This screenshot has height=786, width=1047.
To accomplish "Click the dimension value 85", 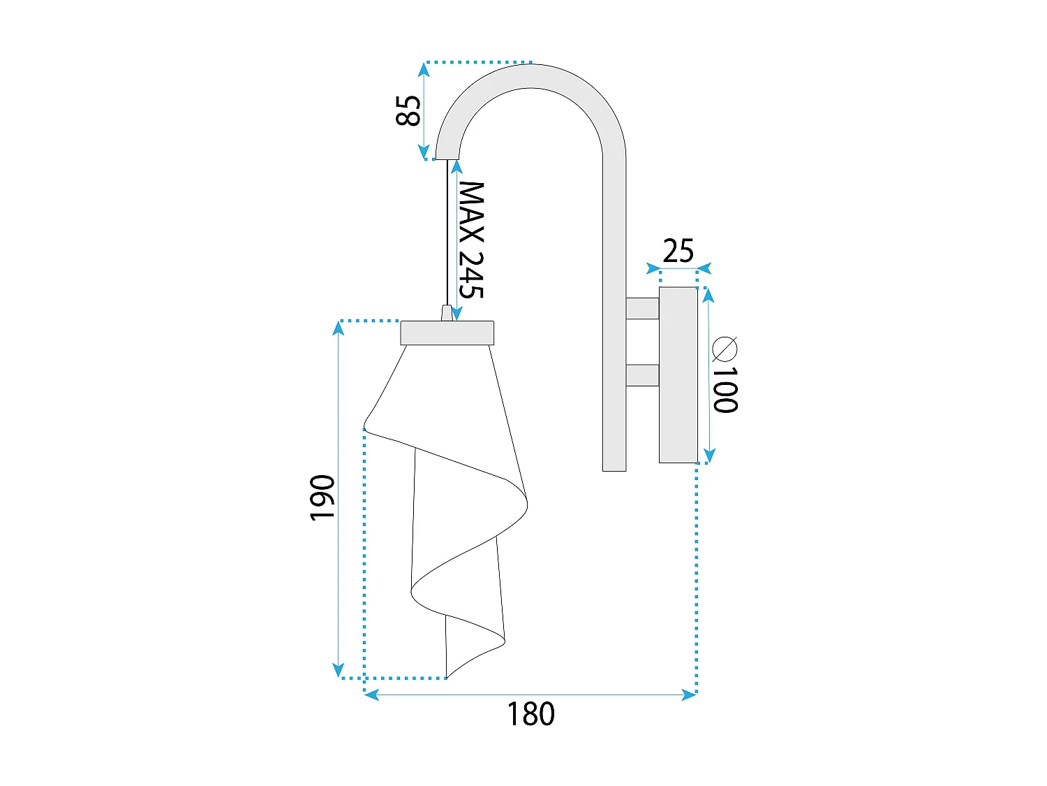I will [408, 110].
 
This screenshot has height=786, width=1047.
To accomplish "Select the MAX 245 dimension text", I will [471, 240].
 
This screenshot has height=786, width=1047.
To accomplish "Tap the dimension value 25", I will [678, 251].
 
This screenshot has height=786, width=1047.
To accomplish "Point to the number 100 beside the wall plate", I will [725, 389].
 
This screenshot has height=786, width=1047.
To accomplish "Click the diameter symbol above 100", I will [725, 349].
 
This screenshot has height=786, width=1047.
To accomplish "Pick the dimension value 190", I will [322, 497].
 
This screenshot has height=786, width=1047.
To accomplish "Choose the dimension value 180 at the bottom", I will [530, 714].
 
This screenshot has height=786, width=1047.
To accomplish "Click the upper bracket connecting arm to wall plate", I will [642, 309].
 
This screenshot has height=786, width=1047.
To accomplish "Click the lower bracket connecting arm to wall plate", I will [642, 375].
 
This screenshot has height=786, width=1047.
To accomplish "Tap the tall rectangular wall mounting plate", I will [678, 375].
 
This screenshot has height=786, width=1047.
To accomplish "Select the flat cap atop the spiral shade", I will [447, 333].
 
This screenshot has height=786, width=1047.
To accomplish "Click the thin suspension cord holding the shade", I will [447, 231].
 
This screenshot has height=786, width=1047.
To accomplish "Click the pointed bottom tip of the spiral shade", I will [447, 676].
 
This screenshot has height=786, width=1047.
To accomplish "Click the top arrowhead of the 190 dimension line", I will [339, 327].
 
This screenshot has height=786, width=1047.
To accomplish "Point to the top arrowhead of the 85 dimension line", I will [424, 68].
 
